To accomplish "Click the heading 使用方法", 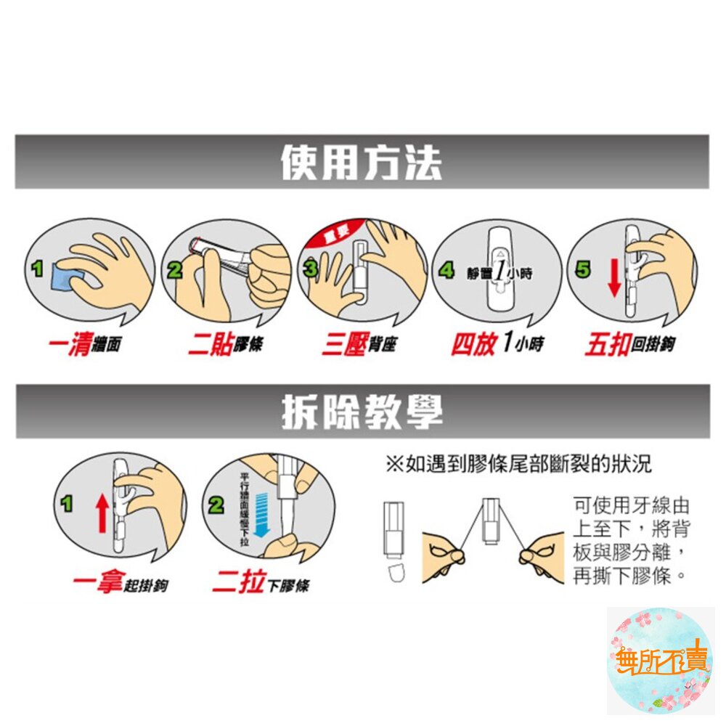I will click(x=361, y=163).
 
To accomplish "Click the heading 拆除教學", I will click(x=361, y=412).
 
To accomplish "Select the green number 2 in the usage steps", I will click(x=174, y=270).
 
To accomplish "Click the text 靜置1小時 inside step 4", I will click(x=500, y=274).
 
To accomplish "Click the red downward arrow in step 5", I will click(x=613, y=278).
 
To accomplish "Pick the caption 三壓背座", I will click(x=359, y=344).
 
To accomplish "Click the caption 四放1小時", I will click(x=497, y=344).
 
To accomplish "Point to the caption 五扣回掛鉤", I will click(x=629, y=344).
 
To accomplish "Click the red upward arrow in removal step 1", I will click(x=102, y=513).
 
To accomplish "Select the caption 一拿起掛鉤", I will click(x=120, y=583).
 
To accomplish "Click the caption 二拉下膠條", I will click(x=260, y=583).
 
